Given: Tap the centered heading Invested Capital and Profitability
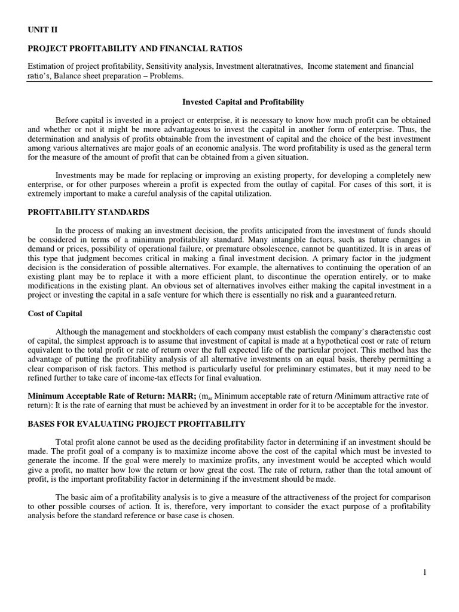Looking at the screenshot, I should pyautogui.click(x=243, y=102).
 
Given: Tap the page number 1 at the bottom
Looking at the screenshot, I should pyautogui.click(x=424, y=572).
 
